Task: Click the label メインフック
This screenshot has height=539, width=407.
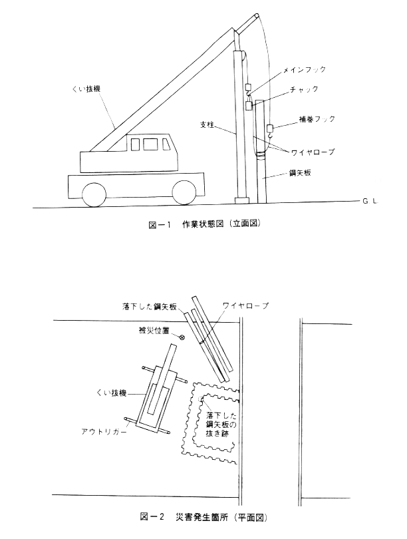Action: pyautogui.click(x=304, y=69)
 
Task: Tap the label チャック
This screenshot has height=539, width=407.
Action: pyautogui.click(x=304, y=89)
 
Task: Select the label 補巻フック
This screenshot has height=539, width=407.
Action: pyautogui.click(x=317, y=119)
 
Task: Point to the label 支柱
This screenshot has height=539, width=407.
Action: pyautogui.click(x=207, y=125)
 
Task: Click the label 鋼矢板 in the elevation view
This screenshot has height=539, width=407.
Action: pyautogui.click(x=300, y=172)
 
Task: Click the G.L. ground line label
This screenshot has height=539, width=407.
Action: pyautogui.click(x=370, y=202)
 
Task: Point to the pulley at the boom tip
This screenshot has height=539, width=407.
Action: pyautogui.click(x=257, y=16)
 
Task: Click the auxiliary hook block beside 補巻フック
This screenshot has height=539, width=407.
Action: pyautogui.click(x=270, y=128)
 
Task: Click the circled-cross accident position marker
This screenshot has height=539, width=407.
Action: pyautogui.click(x=182, y=337)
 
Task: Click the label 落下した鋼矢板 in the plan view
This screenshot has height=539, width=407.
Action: pyautogui.click(x=149, y=306)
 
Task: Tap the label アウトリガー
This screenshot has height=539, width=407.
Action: pyautogui.click(x=104, y=431)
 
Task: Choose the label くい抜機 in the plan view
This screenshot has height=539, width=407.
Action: pyautogui.click(x=114, y=393)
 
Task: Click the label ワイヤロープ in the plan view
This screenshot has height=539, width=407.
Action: pyautogui.click(x=245, y=305)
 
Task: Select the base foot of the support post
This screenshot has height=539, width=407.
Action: pyautogui.click(x=242, y=200)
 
